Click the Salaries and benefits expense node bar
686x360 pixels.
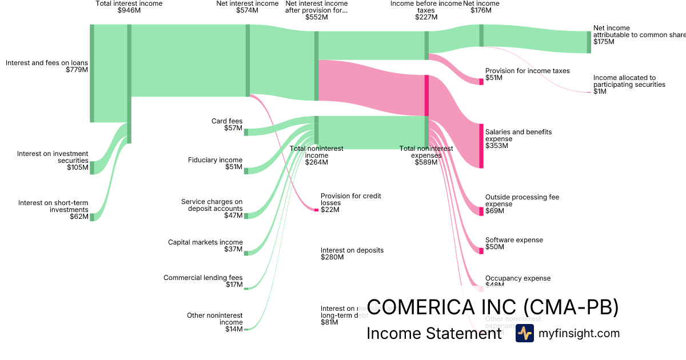pyautogui.click(x=481, y=146)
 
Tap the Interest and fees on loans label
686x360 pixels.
pyautogui.click(x=47, y=63)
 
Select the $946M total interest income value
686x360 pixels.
pyautogui.click(x=129, y=10)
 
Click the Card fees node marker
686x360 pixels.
pyautogui.click(x=246, y=132)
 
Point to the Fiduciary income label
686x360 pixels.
pyautogui.click(x=215, y=160)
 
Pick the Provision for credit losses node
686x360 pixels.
pyautogui.click(x=316, y=210)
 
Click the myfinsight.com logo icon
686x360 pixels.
pyautogui.click(x=524, y=333)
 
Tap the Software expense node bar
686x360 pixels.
pyautogui.click(x=481, y=250)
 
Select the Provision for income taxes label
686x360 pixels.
pyautogui.click(x=527, y=71)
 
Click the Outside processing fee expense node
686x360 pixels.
pyautogui.click(x=481, y=211)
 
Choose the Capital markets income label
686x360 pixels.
pyautogui.click(x=205, y=242)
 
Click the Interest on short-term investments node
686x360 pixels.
pyautogui.click(x=91, y=217)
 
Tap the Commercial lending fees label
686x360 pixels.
pyautogui.click(x=203, y=278)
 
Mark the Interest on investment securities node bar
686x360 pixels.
pyautogui.click(x=91, y=167)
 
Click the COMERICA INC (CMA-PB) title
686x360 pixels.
pyautogui.click(x=492, y=307)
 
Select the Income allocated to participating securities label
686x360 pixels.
pyautogui.click(x=629, y=81)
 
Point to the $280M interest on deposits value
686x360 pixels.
pyautogui.click(x=332, y=257)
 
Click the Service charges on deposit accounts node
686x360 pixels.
pyautogui.click(x=246, y=215)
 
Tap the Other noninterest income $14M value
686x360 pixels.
pyautogui.click(x=234, y=329)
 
